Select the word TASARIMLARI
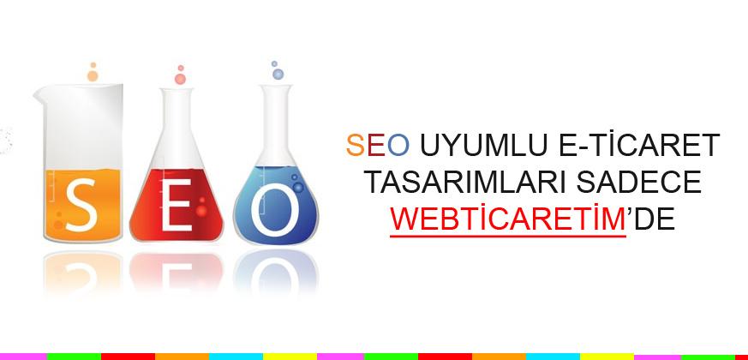tap(453, 183)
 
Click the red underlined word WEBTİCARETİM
tap(507, 219)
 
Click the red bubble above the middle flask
tap(180, 79)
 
